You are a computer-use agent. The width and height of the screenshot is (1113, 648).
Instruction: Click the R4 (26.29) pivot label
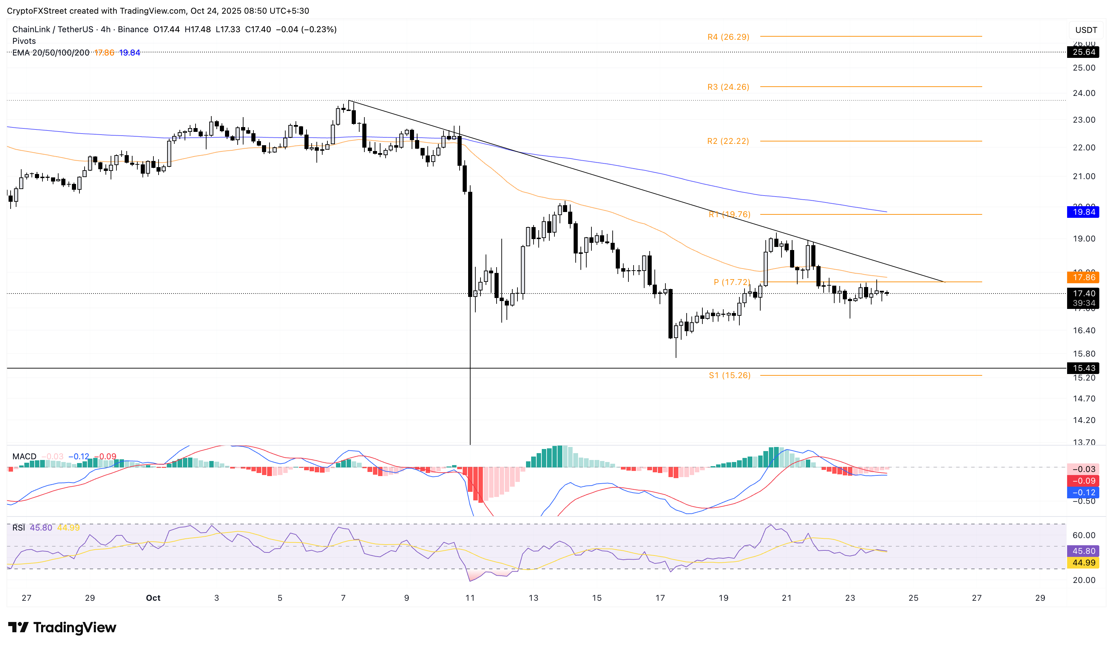pyautogui.click(x=728, y=37)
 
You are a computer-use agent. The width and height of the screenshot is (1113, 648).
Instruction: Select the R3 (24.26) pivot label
pyautogui.click(x=728, y=87)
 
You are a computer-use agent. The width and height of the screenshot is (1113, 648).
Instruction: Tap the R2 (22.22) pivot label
pyautogui.click(x=728, y=141)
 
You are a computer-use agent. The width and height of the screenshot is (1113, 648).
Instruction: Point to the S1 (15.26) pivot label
pyautogui.click(x=729, y=375)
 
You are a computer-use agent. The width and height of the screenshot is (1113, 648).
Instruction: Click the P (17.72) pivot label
pyautogui.click(x=731, y=282)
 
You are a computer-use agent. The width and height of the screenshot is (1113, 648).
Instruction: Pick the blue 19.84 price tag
pyautogui.click(x=1084, y=212)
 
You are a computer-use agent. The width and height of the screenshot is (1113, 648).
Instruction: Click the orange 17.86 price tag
pyautogui.click(x=1084, y=277)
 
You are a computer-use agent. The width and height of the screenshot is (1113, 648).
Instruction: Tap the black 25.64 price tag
pyautogui.click(x=1084, y=52)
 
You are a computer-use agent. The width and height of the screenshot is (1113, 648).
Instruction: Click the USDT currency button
pyautogui.click(x=1086, y=30)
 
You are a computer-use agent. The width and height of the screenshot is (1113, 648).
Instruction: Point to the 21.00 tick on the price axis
pyautogui.click(x=1084, y=176)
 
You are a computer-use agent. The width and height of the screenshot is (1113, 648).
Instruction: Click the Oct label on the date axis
pyautogui.click(x=153, y=598)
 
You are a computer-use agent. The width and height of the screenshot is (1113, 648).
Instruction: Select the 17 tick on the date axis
pyautogui.click(x=660, y=598)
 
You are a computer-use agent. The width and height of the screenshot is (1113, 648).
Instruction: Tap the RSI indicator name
pyautogui.click(x=19, y=528)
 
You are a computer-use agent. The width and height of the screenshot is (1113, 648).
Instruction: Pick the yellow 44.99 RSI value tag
pyautogui.click(x=1084, y=563)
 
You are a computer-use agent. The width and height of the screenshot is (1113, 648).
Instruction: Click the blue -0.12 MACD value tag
pyautogui.click(x=1084, y=493)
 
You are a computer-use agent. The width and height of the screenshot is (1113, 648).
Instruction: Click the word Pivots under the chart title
pyautogui.click(x=24, y=41)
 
